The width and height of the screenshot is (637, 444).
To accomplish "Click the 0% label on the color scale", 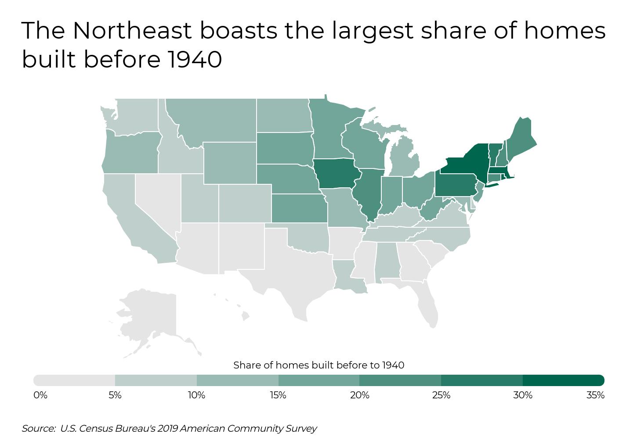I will pyautogui.click(x=40, y=395).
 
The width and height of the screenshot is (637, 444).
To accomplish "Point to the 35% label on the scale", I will pyautogui.click(x=595, y=395).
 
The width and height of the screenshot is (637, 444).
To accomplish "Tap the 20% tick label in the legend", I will pyautogui.click(x=359, y=395).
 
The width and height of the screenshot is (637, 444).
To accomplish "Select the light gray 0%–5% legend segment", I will pyautogui.click(x=74, y=380).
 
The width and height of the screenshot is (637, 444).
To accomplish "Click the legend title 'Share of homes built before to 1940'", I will pyautogui.click(x=318, y=365).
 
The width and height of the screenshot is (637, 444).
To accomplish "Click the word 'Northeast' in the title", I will pyautogui.click(x=132, y=31).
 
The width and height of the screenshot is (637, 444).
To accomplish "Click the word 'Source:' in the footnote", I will pyautogui.click(x=39, y=429).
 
